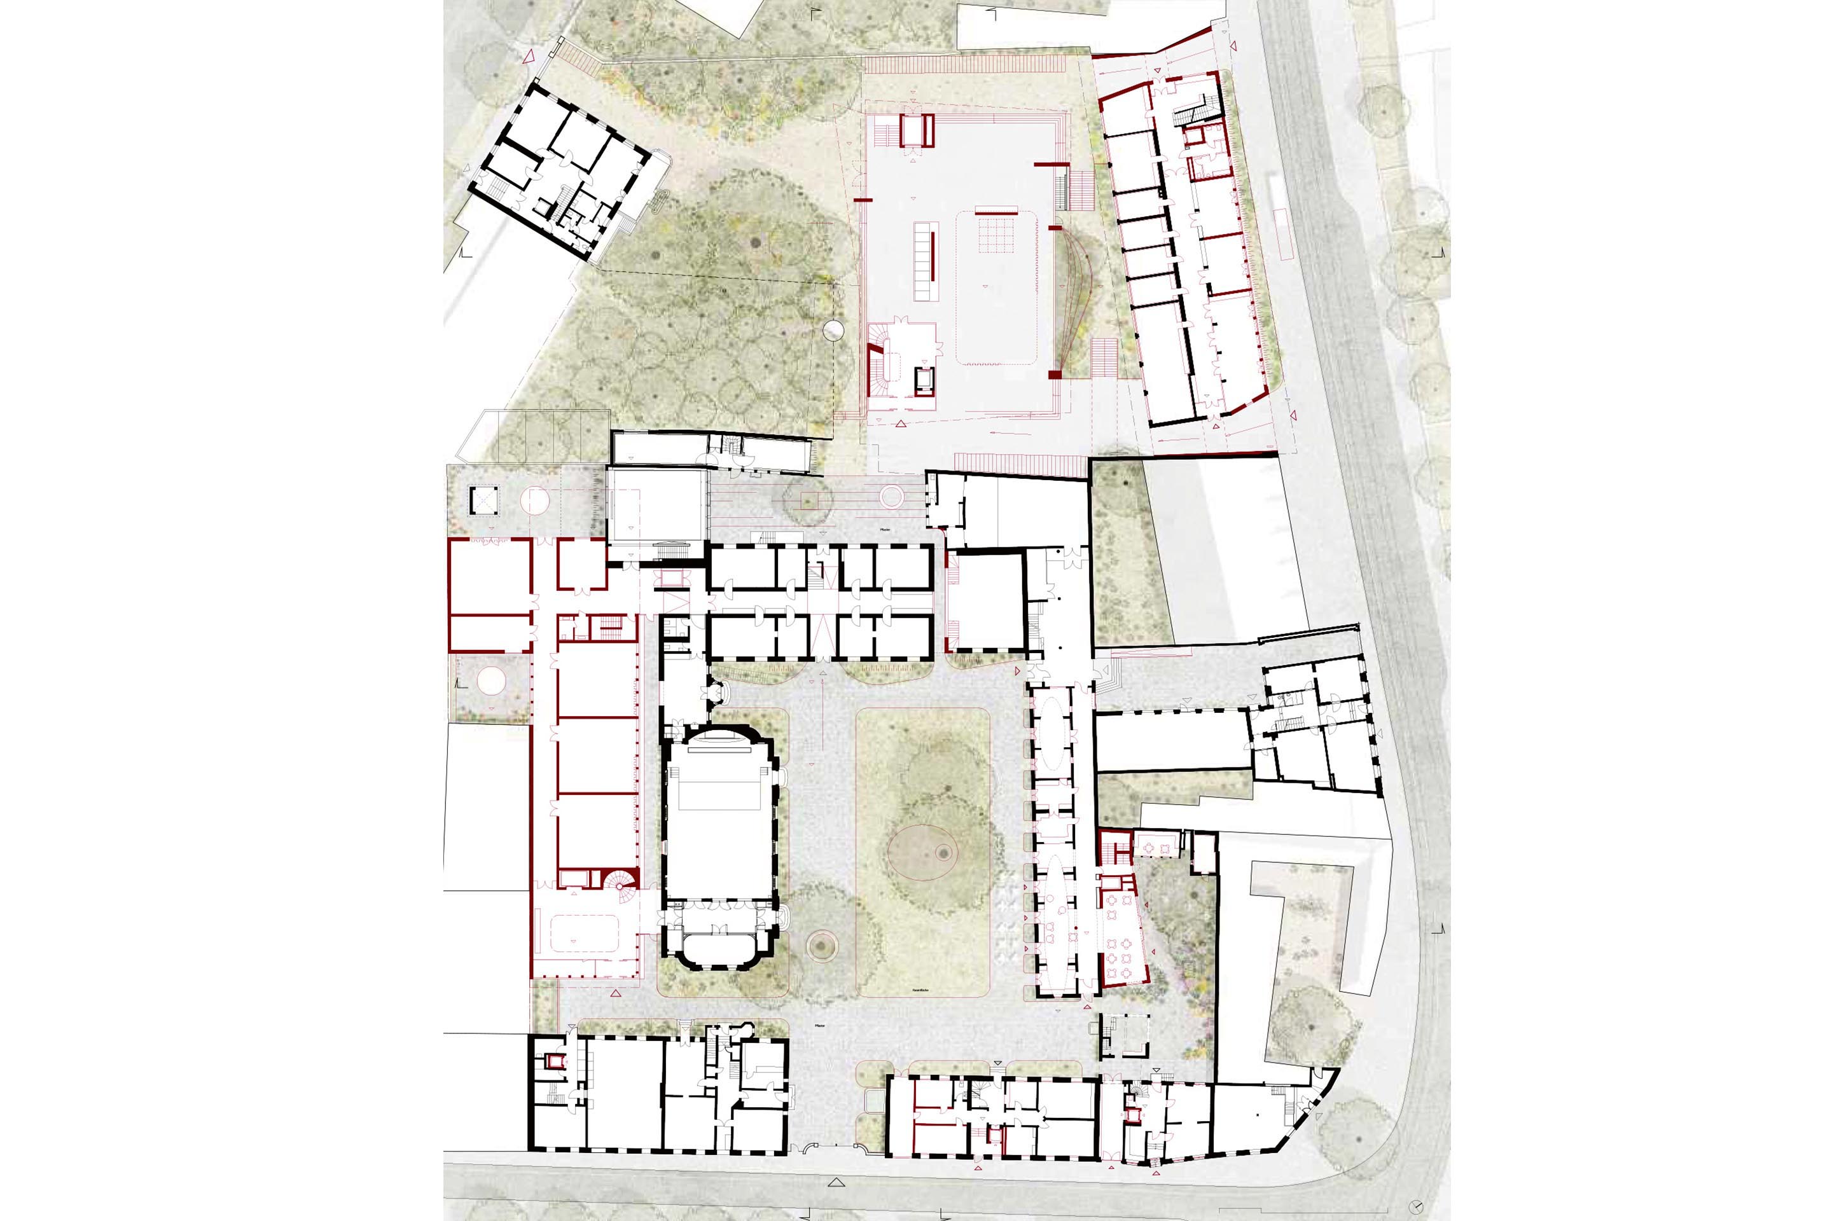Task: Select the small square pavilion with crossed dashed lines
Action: click(x=482, y=499)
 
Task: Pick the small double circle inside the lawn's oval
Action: click(x=944, y=853)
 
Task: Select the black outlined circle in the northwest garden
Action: click(x=833, y=330)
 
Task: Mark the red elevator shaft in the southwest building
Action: click(x=555, y=1061)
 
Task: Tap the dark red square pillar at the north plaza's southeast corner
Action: click(x=1055, y=375)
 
